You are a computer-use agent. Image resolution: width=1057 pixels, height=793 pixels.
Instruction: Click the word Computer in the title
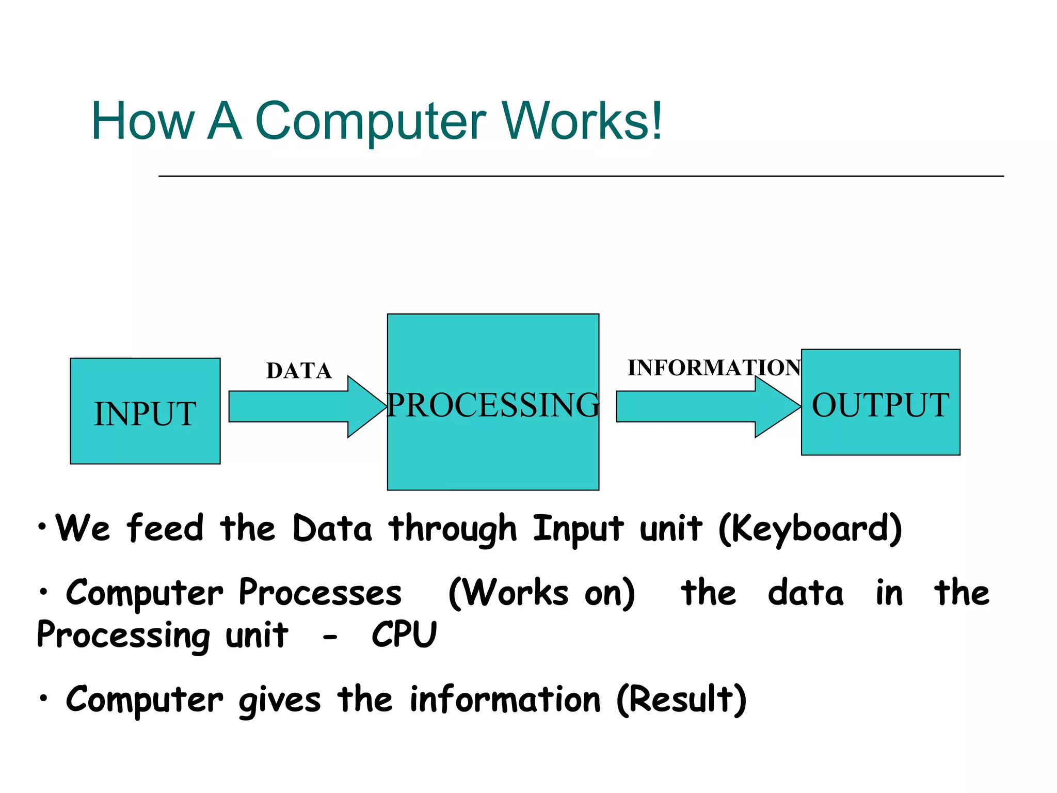(370, 121)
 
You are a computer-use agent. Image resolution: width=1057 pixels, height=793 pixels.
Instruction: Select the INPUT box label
(145, 414)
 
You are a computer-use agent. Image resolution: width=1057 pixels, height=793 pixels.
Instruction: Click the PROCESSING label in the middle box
(493, 405)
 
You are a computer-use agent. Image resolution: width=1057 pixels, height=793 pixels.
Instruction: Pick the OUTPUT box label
(880, 405)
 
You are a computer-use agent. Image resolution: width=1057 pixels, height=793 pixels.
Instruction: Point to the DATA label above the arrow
(299, 371)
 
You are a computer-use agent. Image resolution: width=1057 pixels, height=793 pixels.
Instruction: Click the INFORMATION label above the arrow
(714, 368)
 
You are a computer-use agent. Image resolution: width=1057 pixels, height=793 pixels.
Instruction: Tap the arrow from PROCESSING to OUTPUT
(707, 407)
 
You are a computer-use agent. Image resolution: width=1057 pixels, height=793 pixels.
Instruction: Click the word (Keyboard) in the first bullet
(810, 529)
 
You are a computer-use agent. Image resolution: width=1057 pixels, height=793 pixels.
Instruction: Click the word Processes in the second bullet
(320, 593)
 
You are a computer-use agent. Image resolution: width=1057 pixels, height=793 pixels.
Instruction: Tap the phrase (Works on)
(541, 593)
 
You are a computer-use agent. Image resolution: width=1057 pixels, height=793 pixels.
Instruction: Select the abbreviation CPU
(404, 635)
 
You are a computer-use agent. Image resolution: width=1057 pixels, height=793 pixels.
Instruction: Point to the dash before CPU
(330, 638)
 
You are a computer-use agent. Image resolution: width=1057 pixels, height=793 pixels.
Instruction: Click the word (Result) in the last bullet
(681, 700)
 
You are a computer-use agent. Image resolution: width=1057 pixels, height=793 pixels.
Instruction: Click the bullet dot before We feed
(42, 527)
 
